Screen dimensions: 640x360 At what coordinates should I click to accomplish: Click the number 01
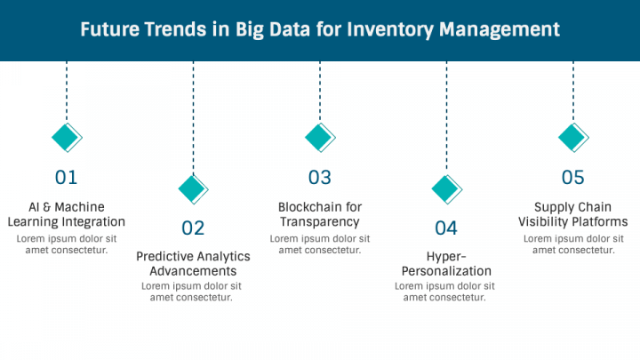pos(66,178)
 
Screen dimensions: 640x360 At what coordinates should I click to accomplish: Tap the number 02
pos(193,228)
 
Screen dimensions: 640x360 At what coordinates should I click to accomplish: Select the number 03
pos(320,178)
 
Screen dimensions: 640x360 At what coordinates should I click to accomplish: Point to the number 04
pos(446,228)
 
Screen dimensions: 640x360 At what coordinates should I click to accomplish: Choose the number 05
pos(573,178)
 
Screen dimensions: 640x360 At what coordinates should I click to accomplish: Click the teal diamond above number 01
pos(67,138)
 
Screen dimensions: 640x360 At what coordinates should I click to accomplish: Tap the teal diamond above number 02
pos(194,189)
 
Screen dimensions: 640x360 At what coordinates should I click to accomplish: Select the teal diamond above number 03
pos(320,138)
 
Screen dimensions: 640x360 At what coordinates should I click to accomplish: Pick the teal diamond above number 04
pos(446,189)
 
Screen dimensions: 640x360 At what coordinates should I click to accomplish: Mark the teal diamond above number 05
pos(573,138)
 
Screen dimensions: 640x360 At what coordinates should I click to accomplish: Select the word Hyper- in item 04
pos(446,256)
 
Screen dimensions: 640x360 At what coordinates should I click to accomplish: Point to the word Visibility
pos(545,221)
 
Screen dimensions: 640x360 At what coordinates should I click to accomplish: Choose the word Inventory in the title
pos(390,30)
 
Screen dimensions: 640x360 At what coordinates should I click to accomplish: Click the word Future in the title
pos(109,30)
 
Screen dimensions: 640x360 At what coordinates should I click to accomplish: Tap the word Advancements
pos(193,271)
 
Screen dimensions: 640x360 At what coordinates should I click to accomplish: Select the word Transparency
pos(320,222)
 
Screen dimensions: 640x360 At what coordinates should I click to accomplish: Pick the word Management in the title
pos(500,30)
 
